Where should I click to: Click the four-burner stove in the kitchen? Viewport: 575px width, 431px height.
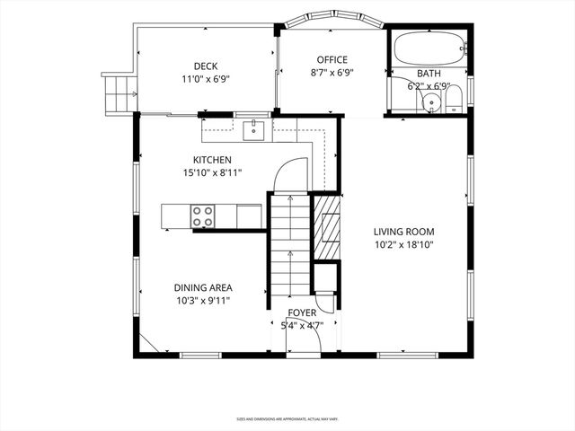point(202,215)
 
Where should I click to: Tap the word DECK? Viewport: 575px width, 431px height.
point(207,66)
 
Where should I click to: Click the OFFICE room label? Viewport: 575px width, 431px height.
point(332,60)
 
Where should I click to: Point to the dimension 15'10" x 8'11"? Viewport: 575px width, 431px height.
point(212,172)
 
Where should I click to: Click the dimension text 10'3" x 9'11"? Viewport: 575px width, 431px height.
point(202,301)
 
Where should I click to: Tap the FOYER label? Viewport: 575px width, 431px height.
point(302,313)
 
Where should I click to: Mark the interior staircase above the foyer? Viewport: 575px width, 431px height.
point(289,247)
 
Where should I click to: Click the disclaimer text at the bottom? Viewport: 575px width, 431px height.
point(287,418)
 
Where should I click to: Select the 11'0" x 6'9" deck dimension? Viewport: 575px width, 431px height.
point(207,78)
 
